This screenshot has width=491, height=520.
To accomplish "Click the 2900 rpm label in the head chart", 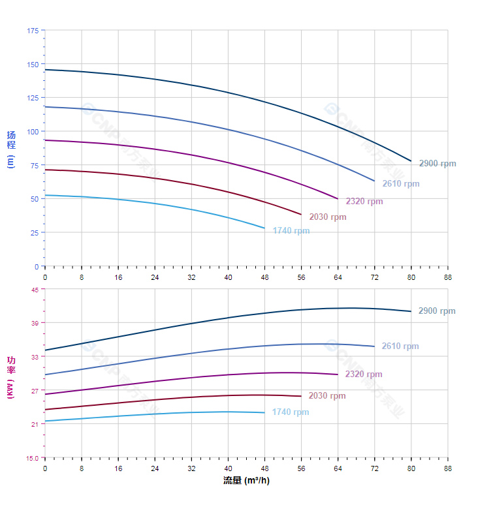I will click(x=437, y=164).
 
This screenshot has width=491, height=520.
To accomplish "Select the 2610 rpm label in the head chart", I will click(x=401, y=184).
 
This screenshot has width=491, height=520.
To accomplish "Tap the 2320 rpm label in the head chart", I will click(x=364, y=202).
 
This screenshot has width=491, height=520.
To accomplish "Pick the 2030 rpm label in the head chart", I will click(x=328, y=217).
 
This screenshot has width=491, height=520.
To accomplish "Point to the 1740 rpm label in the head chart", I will click(x=291, y=231).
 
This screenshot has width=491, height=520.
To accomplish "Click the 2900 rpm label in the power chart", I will click(x=437, y=311).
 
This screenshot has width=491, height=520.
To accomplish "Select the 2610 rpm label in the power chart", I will click(x=400, y=346).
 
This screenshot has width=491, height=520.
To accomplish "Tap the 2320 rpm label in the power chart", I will click(x=364, y=375).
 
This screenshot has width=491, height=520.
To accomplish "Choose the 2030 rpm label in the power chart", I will click(x=327, y=396).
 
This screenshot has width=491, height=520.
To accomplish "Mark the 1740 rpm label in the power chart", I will click(x=291, y=412).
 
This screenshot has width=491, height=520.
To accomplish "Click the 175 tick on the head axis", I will click(x=33, y=31).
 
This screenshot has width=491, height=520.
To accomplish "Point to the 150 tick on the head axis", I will click(x=33, y=64).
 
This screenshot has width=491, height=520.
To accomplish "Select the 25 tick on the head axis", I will click(x=35, y=233).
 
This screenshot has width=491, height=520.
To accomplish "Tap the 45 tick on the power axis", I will click(x=35, y=290).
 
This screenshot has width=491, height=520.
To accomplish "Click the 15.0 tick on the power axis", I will click(x=32, y=458).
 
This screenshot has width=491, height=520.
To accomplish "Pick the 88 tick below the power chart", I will click(x=448, y=468).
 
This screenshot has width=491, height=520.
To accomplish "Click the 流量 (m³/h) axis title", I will click(x=246, y=481).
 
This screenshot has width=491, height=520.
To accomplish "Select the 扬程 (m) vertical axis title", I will click(x=10, y=149).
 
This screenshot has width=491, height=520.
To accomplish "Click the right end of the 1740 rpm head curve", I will click(x=264, y=228).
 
